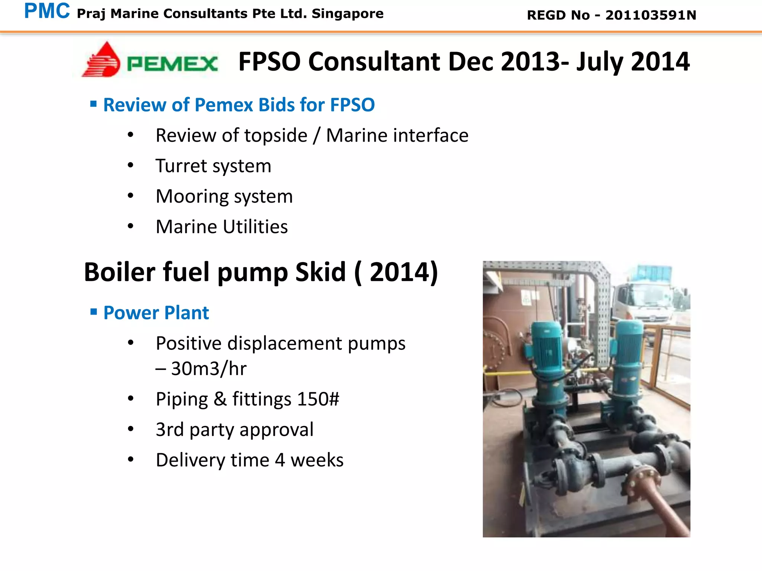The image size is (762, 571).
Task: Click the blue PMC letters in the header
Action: tap(47, 11)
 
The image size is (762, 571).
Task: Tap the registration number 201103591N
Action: tap(651, 15)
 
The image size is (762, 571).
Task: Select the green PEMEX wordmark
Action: tap(172, 64)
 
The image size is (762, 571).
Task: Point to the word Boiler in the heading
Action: tap(119, 272)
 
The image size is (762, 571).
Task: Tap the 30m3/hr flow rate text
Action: tap(208, 369)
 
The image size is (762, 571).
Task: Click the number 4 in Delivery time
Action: tap(280, 460)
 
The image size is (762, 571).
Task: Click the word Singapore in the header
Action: tap(348, 14)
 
